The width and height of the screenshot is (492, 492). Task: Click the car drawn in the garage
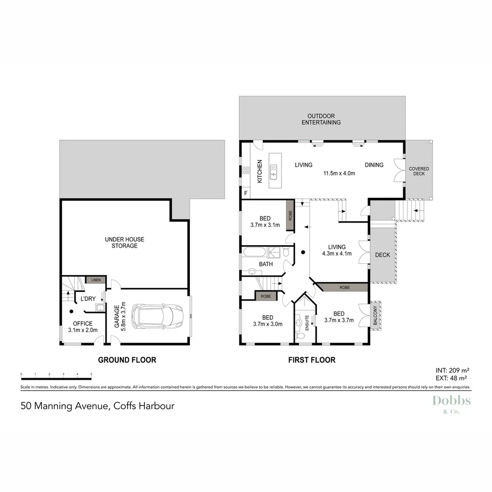[158, 316]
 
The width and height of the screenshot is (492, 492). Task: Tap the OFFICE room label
[82, 324]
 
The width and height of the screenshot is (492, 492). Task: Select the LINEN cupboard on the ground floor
[96, 280]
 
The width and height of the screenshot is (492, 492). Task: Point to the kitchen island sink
[274, 171]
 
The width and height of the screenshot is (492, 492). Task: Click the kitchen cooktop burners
[246, 170]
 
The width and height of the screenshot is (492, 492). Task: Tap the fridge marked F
[246, 193]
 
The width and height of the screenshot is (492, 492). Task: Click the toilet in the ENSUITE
[301, 336]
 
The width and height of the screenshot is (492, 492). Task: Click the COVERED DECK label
[419, 171]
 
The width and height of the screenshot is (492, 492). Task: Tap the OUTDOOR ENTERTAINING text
[323, 119]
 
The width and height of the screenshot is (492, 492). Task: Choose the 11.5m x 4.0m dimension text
[339, 174]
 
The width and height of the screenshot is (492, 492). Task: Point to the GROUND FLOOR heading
[127, 360]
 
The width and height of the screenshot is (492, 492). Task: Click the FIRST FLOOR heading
[312, 360]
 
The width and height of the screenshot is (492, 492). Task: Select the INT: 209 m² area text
[453, 370]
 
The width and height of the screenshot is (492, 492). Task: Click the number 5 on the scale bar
[92, 374]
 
